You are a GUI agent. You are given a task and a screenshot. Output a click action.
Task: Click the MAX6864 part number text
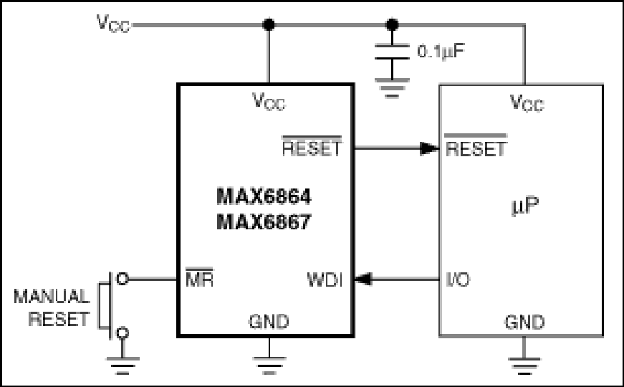pyautogui.click(x=264, y=196)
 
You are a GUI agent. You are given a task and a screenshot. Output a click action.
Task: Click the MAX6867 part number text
pyautogui.click(x=264, y=222)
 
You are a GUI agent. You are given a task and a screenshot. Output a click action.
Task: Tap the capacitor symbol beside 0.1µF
pyautogui.click(x=391, y=55)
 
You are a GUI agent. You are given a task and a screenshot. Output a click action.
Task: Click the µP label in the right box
pyautogui.click(x=524, y=206)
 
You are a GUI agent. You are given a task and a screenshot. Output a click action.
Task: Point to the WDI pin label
pyautogui.click(x=325, y=279)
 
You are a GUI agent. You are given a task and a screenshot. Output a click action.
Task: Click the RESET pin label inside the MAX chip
pyautogui.click(x=312, y=148)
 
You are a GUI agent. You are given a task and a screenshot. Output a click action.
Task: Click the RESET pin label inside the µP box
pyautogui.click(x=476, y=148)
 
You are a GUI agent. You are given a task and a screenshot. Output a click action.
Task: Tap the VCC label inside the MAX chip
pyautogui.click(x=269, y=102)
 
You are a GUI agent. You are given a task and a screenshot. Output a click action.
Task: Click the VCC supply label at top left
pyautogui.click(x=113, y=23)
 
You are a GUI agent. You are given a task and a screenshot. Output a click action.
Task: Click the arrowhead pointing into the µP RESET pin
pyautogui.click(x=429, y=149)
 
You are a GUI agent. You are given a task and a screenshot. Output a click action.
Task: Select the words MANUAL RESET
pyautogui.click(x=52, y=307)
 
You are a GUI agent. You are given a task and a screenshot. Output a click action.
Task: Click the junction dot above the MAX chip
pyautogui.click(x=269, y=25)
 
